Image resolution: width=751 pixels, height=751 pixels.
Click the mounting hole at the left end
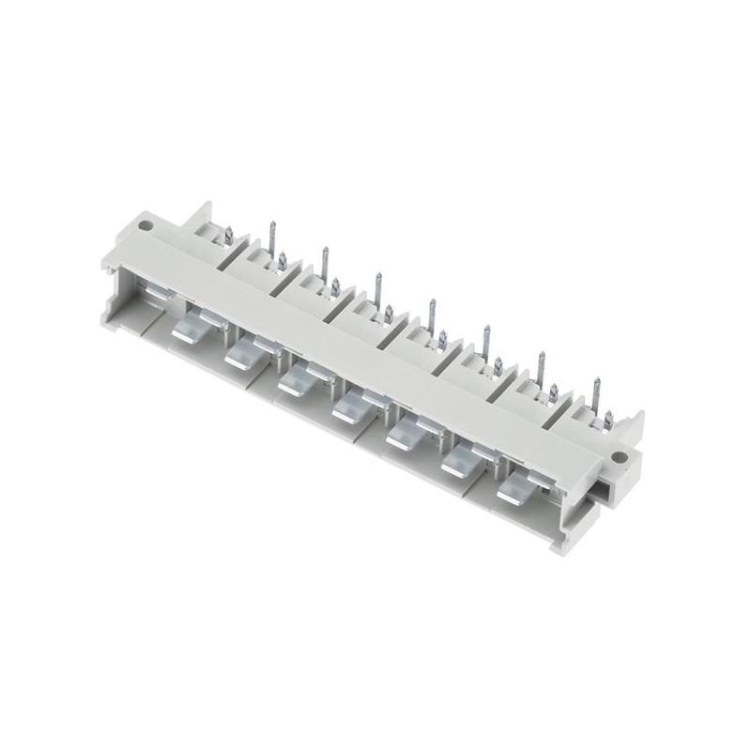tap(146, 226)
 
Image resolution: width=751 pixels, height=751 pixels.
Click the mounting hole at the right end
tap(619, 458)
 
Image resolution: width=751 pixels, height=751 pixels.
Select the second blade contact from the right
tap(459, 461)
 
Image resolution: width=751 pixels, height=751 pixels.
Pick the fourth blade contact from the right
tap(349, 406)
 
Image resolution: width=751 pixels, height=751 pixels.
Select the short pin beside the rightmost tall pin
tap(610, 421)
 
